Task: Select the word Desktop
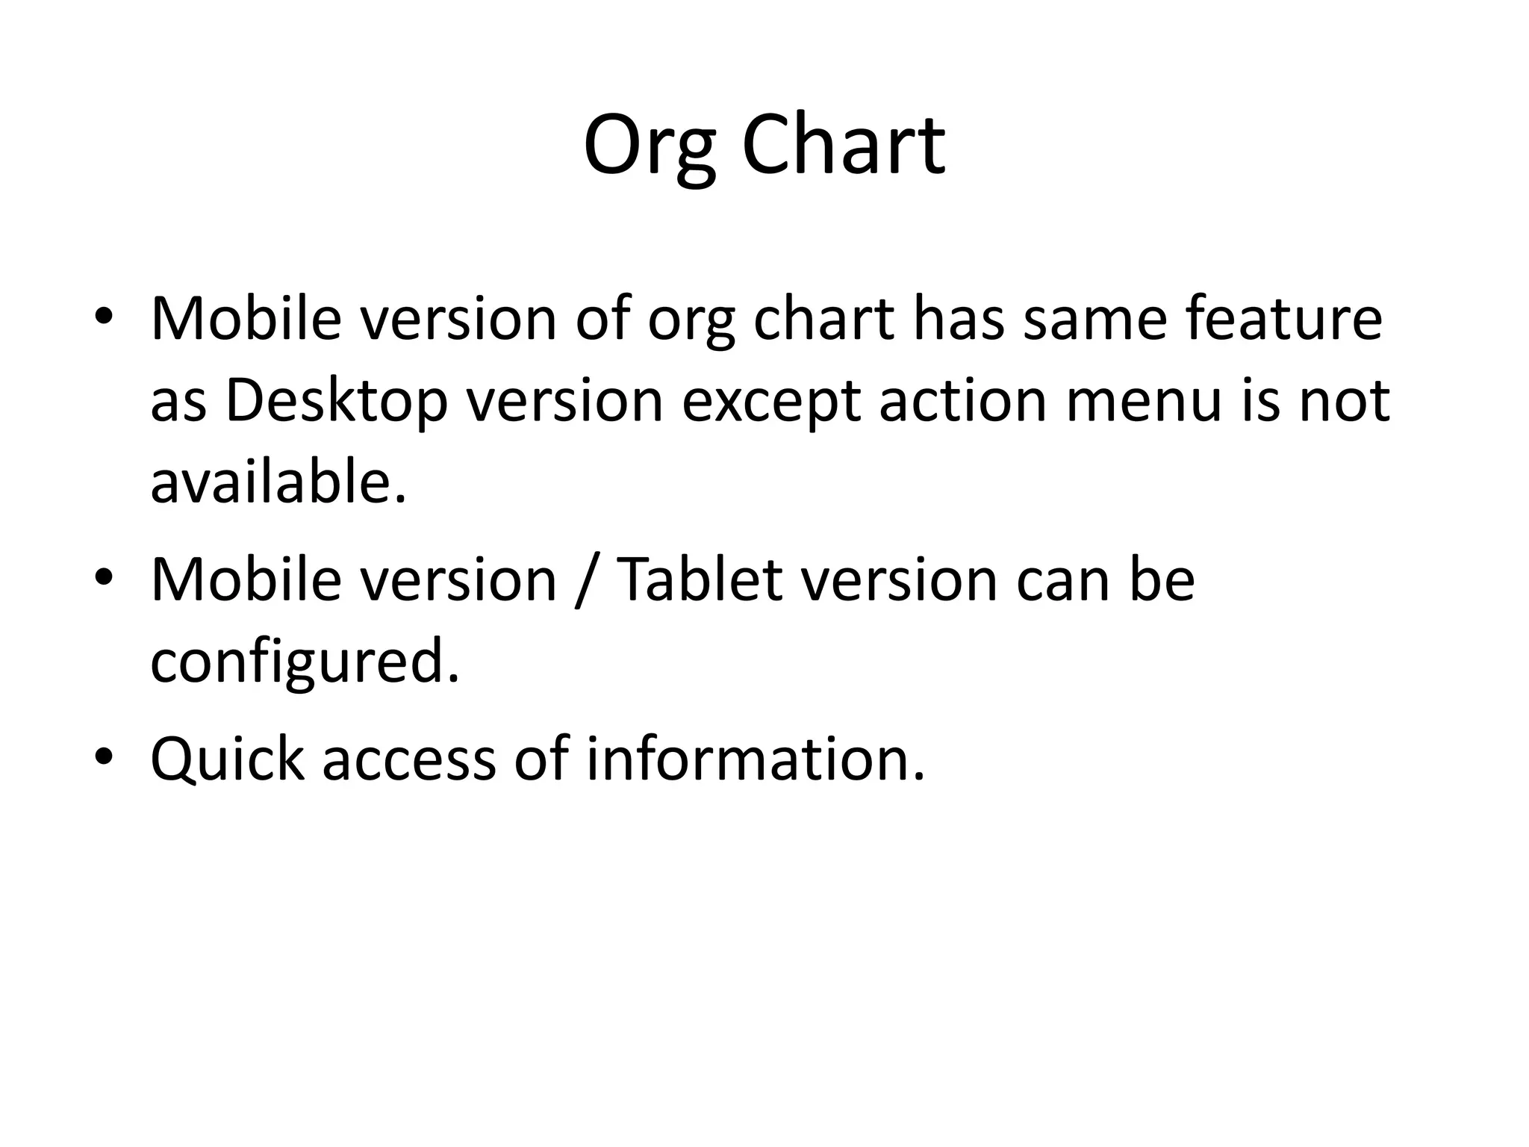pyautogui.click(x=336, y=402)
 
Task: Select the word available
pyautogui.click(x=279, y=482)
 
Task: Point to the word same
pyautogui.click(x=1094, y=319)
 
